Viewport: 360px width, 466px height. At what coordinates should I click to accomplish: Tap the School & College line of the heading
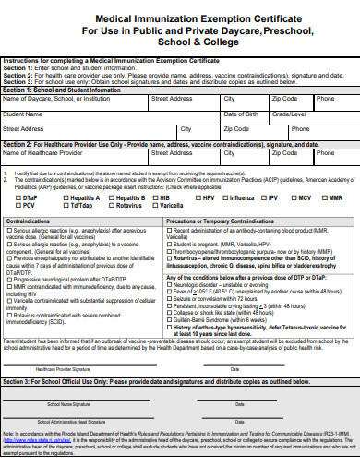[180, 42]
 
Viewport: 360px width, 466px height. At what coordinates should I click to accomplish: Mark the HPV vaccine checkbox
[197, 197]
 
